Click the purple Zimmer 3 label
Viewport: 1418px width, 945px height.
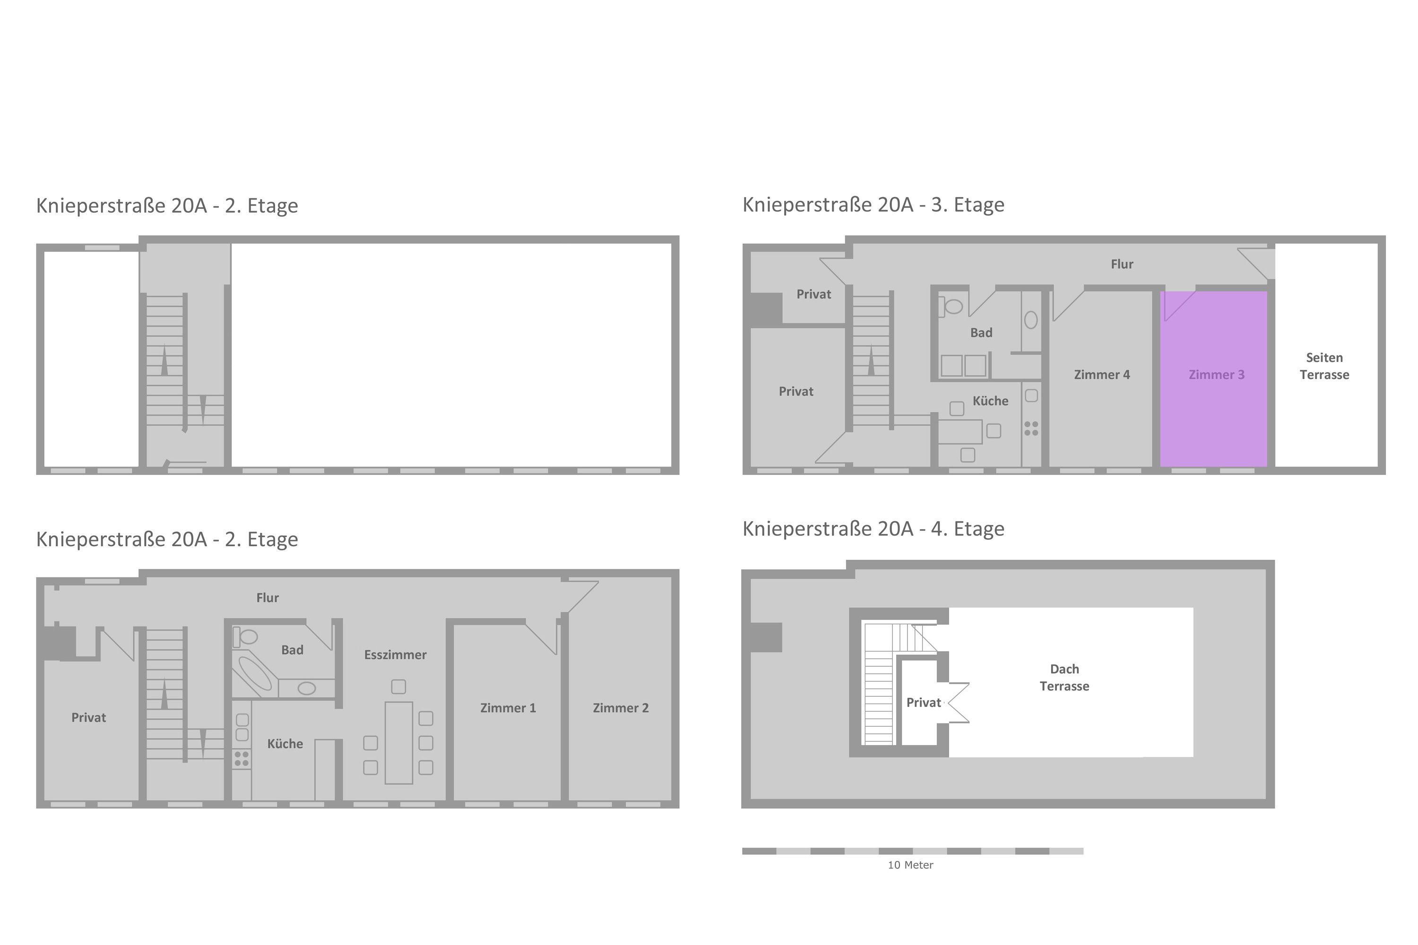(1216, 374)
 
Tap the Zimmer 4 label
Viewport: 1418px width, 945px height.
(1101, 374)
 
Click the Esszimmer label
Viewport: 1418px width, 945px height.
(395, 654)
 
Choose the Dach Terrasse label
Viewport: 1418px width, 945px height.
(1064, 678)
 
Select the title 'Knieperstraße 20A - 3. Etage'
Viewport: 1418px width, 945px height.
(873, 205)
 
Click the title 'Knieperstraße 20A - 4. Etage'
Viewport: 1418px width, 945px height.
(873, 529)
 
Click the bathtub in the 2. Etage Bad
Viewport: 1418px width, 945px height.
(255, 673)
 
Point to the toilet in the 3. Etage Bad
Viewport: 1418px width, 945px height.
(950, 306)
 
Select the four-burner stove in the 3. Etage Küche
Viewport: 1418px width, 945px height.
(1031, 429)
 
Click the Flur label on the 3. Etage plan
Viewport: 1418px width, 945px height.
(1122, 264)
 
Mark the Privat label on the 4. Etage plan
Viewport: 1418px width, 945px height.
(924, 702)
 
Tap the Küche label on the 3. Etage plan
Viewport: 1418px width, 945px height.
(990, 401)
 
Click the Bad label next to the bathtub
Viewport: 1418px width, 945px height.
(292, 650)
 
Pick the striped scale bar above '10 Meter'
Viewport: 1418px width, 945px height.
(913, 851)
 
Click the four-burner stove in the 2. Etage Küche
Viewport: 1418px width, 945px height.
(241, 759)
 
